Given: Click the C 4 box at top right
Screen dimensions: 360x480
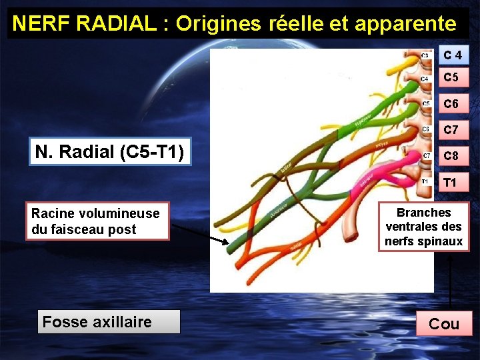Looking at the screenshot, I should tap(453, 54).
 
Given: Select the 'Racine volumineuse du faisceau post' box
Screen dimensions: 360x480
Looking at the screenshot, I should tap(97, 221).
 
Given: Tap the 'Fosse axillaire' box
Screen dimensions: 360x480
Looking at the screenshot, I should tap(97, 322).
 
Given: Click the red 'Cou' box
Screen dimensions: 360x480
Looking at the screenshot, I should tap(444, 324).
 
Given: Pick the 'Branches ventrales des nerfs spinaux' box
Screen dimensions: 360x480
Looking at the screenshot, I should tap(424, 227).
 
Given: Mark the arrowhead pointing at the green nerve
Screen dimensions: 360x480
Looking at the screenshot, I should tap(223, 240).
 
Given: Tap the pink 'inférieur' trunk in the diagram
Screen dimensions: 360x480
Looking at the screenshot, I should tap(368, 179).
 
